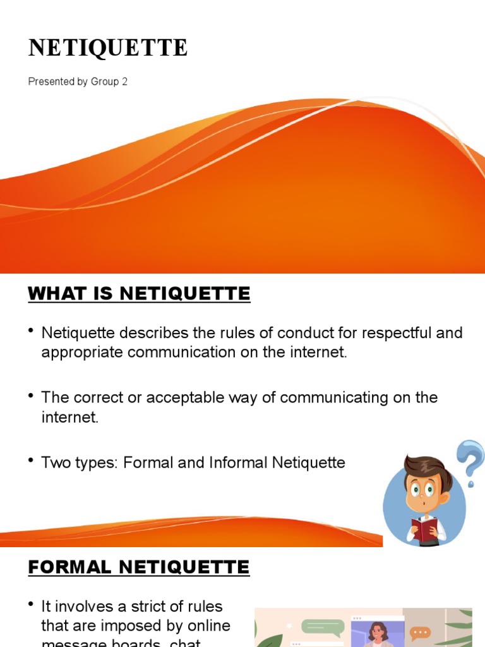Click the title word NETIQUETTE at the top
coord(108,48)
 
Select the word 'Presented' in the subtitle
coord(51,82)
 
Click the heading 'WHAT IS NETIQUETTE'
coord(139,294)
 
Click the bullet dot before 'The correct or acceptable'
coord(31,395)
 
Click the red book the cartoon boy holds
coord(424,528)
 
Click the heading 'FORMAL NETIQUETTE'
coord(139,567)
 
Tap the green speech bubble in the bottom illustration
coord(323,627)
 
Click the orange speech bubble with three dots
coord(420,633)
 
